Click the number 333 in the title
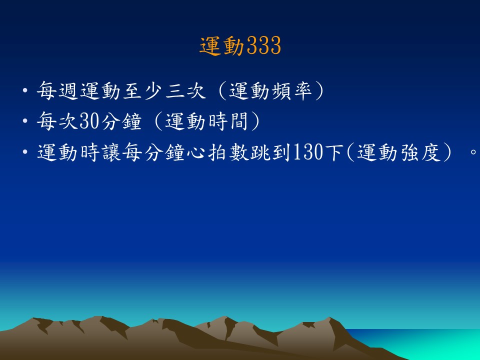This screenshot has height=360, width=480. (263, 45)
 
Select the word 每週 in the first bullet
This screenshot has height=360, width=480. (57, 90)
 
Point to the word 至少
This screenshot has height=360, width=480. (142, 90)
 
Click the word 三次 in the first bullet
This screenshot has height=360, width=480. (185, 90)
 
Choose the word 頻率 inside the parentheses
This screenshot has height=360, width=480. (291, 90)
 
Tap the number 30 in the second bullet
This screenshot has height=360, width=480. (89, 121)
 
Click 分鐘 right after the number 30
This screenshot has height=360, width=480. (121, 121)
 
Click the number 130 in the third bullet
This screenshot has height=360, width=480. (307, 152)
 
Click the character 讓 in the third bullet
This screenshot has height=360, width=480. (111, 152)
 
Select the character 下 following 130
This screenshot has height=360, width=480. (333, 152)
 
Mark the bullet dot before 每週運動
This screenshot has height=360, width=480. (25, 91)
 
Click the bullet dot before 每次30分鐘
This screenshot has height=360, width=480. (25, 121)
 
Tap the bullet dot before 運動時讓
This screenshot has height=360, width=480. (25, 152)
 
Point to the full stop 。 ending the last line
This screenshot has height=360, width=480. (473, 152)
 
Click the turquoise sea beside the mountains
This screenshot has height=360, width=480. (428, 343)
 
